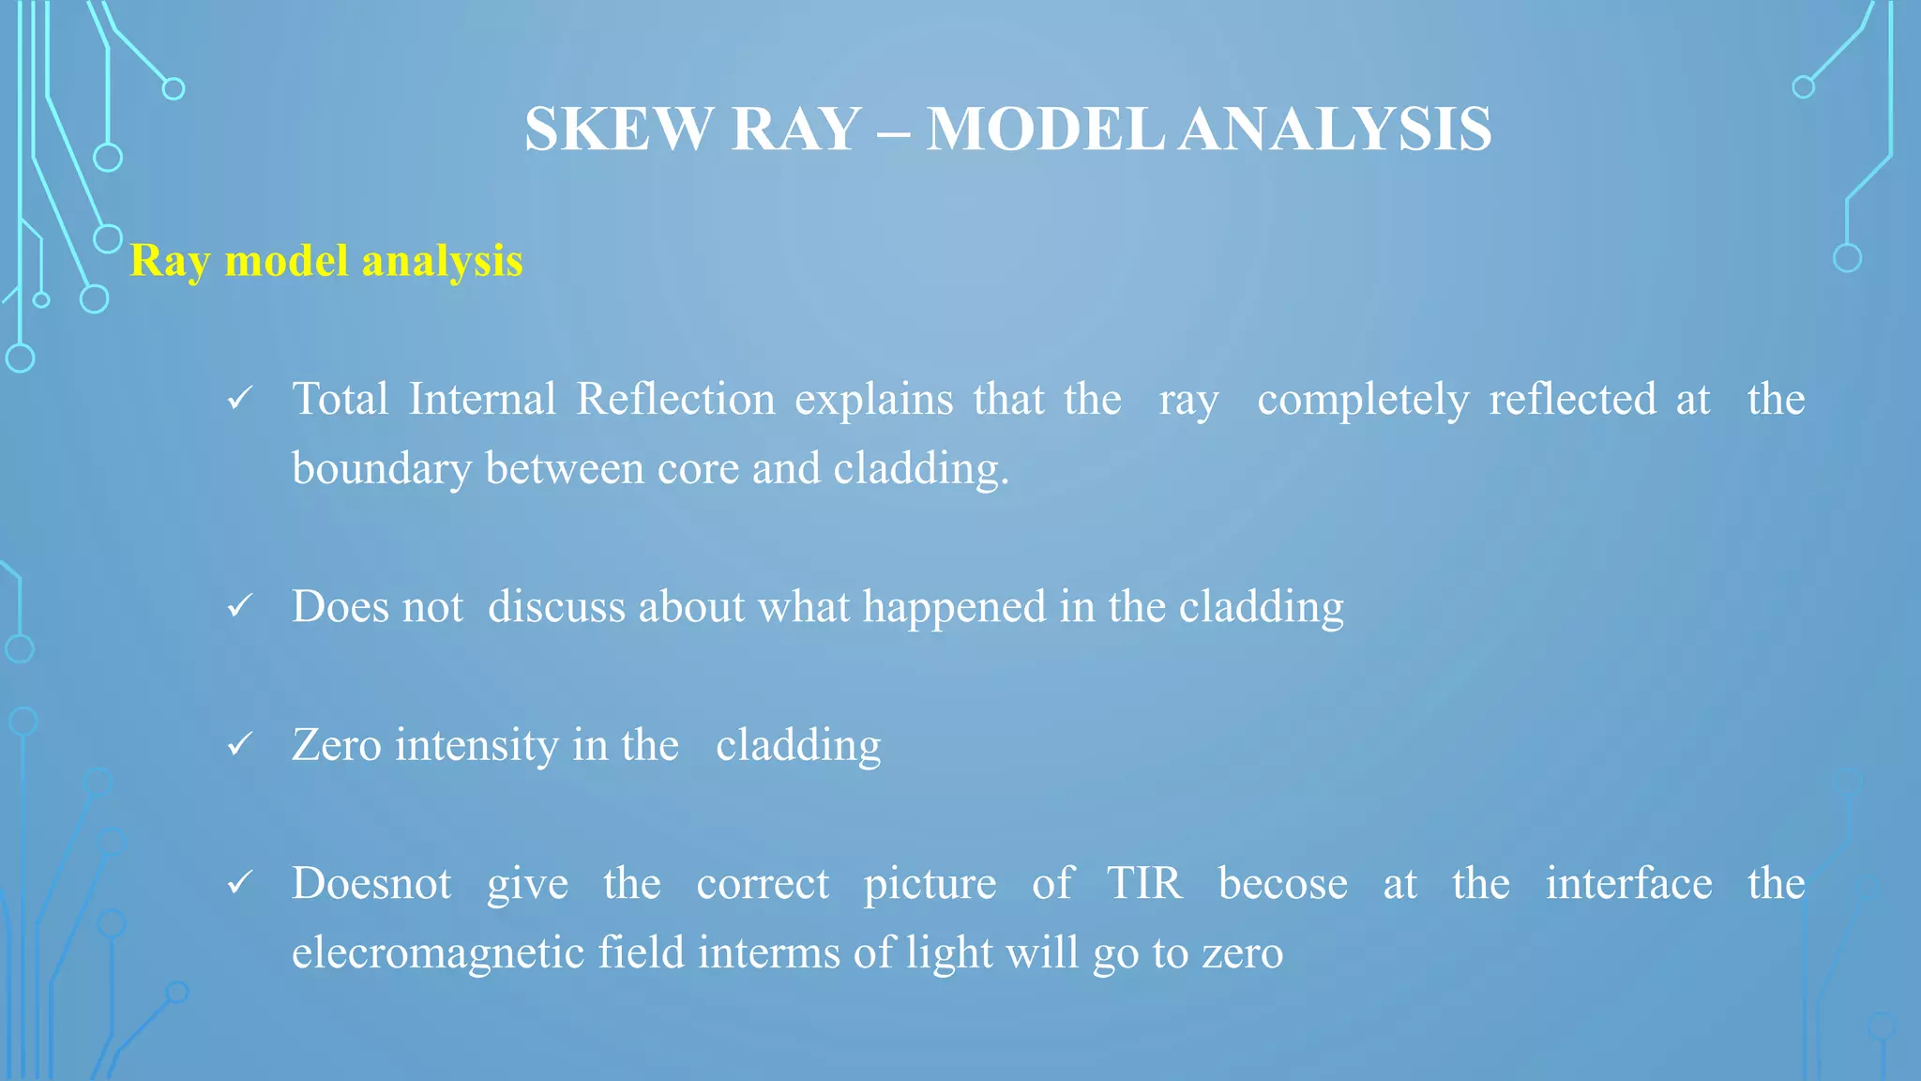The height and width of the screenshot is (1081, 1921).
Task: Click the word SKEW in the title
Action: pyautogui.click(x=618, y=129)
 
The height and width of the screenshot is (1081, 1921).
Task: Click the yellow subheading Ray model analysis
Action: pyautogui.click(x=326, y=261)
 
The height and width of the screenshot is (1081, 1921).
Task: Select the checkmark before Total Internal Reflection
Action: pyautogui.click(x=240, y=400)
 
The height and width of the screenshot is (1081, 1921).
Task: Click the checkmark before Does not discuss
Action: pyautogui.click(x=240, y=607)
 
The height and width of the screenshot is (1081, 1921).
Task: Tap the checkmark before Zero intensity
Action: pyautogui.click(x=240, y=745)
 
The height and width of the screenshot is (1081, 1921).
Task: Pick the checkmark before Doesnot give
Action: pyautogui.click(x=240, y=883)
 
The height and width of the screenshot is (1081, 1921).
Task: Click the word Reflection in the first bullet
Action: pyautogui.click(x=675, y=400)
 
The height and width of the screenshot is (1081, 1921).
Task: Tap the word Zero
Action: pyautogui.click(x=337, y=746)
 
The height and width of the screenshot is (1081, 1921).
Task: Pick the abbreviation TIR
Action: pyautogui.click(x=1144, y=884)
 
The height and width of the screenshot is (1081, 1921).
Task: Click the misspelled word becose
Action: pyautogui.click(x=1282, y=884)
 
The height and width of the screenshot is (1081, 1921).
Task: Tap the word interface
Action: pyautogui.click(x=1628, y=884)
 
